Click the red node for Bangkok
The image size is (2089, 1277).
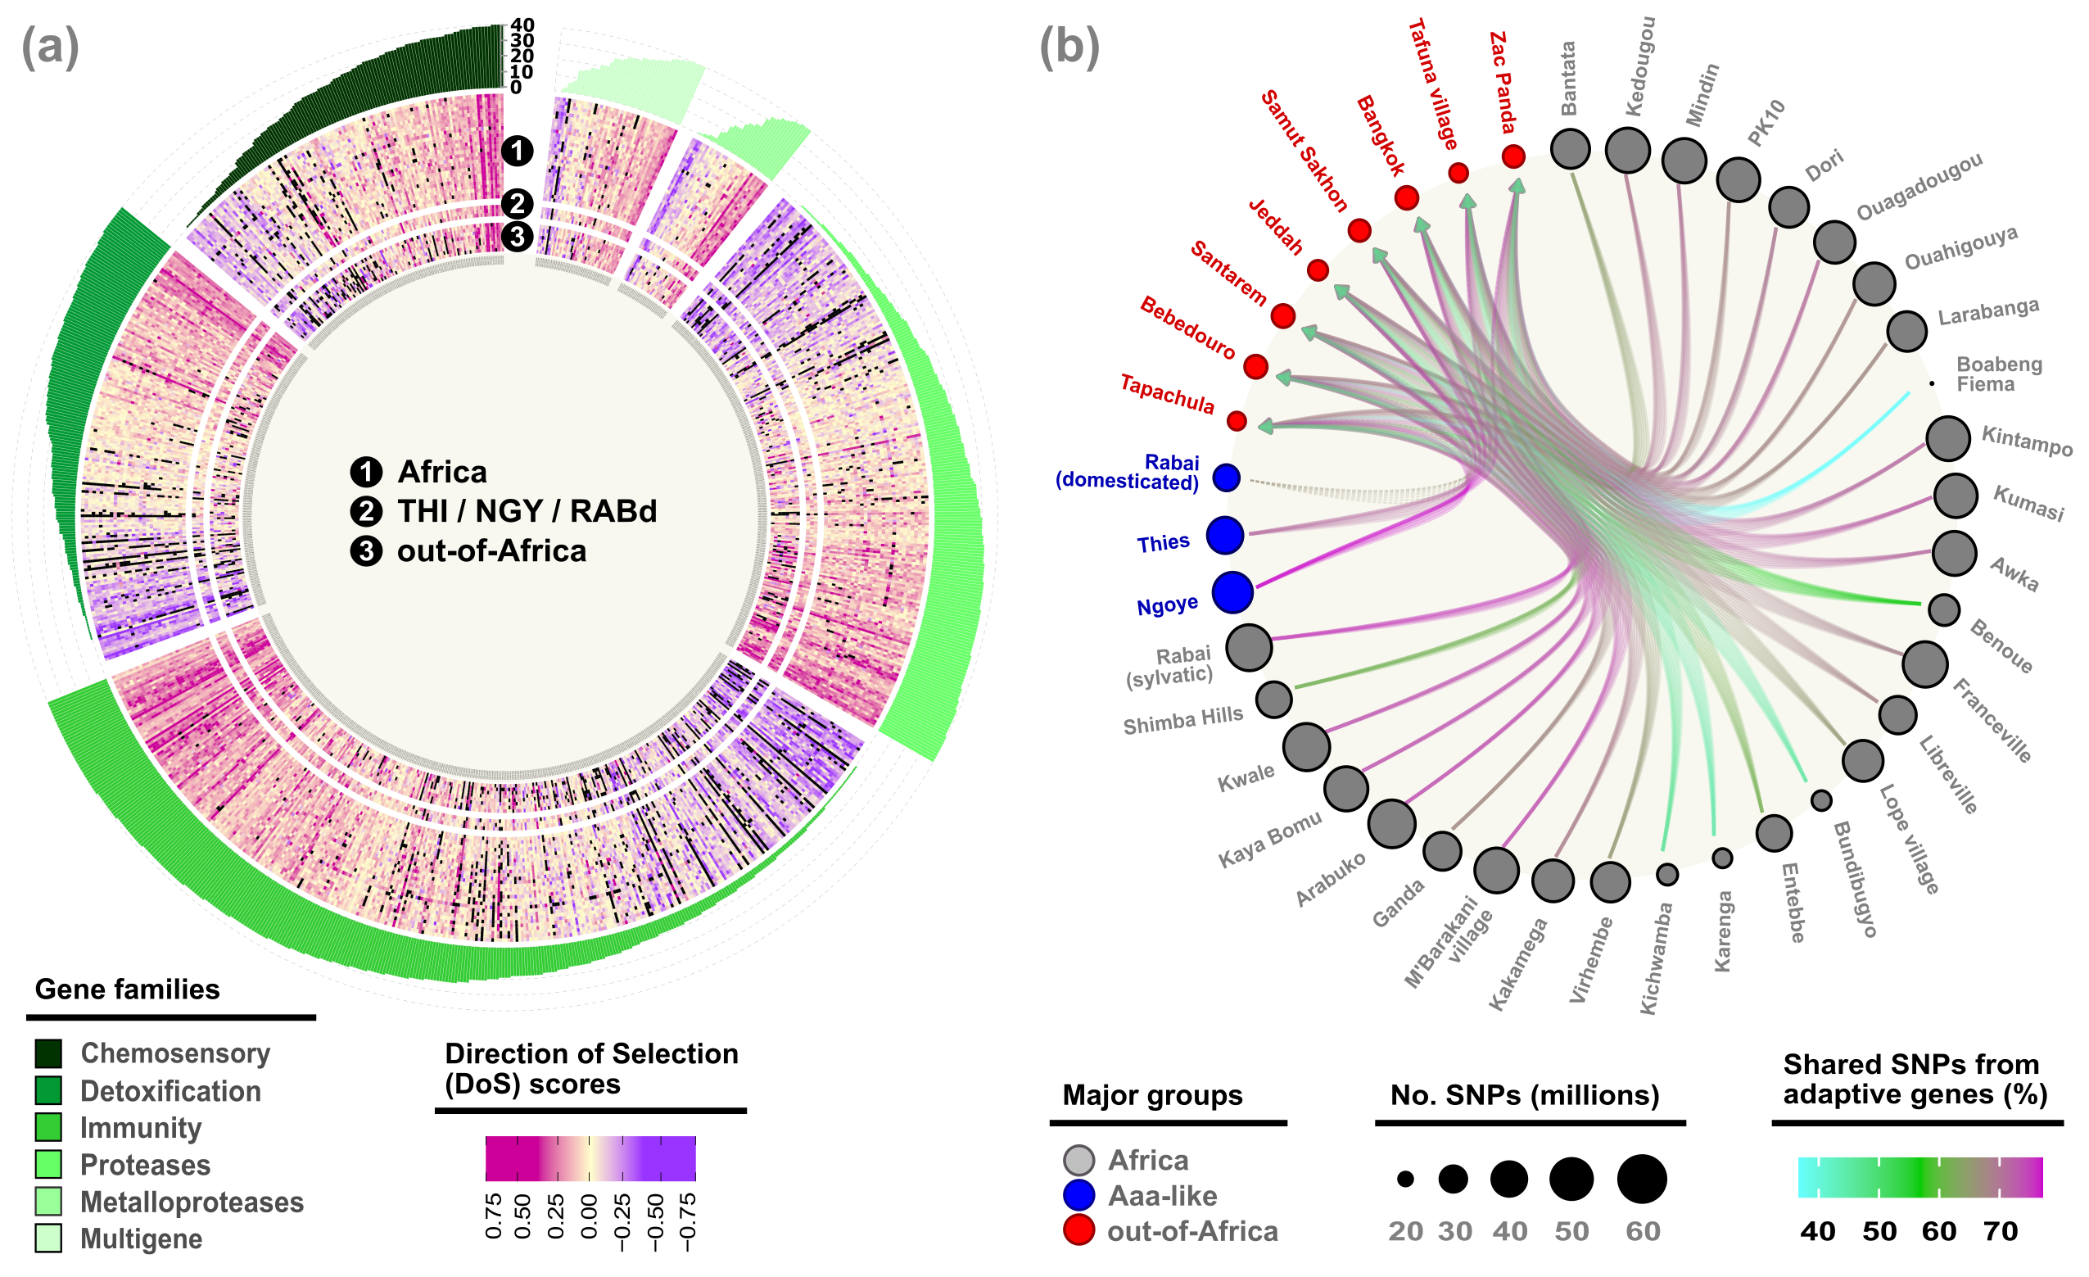click(x=1407, y=197)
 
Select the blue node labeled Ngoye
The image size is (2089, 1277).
click(x=1232, y=592)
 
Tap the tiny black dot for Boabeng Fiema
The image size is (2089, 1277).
click(x=1932, y=383)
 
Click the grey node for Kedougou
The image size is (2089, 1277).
click(x=1628, y=150)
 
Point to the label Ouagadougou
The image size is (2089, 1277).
click(x=1919, y=186)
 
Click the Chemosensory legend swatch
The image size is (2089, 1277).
click(x=48, y=1053)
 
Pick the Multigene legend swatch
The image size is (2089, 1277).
click(x=48, y=1238)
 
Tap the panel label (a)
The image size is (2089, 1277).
click(x=50, y=47)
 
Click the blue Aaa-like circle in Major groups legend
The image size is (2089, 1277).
click(x=1078, y=1196)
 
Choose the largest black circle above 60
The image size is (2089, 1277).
click(x=1641, y=1179)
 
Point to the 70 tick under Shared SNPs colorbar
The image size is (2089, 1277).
click(x=2000, y=1230)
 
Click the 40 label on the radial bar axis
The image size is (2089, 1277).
click(x=522, y=25)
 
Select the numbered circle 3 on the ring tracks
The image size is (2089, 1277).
click(x=518, y=237)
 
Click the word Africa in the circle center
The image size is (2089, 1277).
click(x=441, y=472)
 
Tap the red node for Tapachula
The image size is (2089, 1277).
click(x=1237, y=420)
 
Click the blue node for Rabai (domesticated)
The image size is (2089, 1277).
click(x=1226, y=478)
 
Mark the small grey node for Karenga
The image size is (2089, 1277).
click(x=1722, y=858)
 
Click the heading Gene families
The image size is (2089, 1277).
click(x=127, y=989)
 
